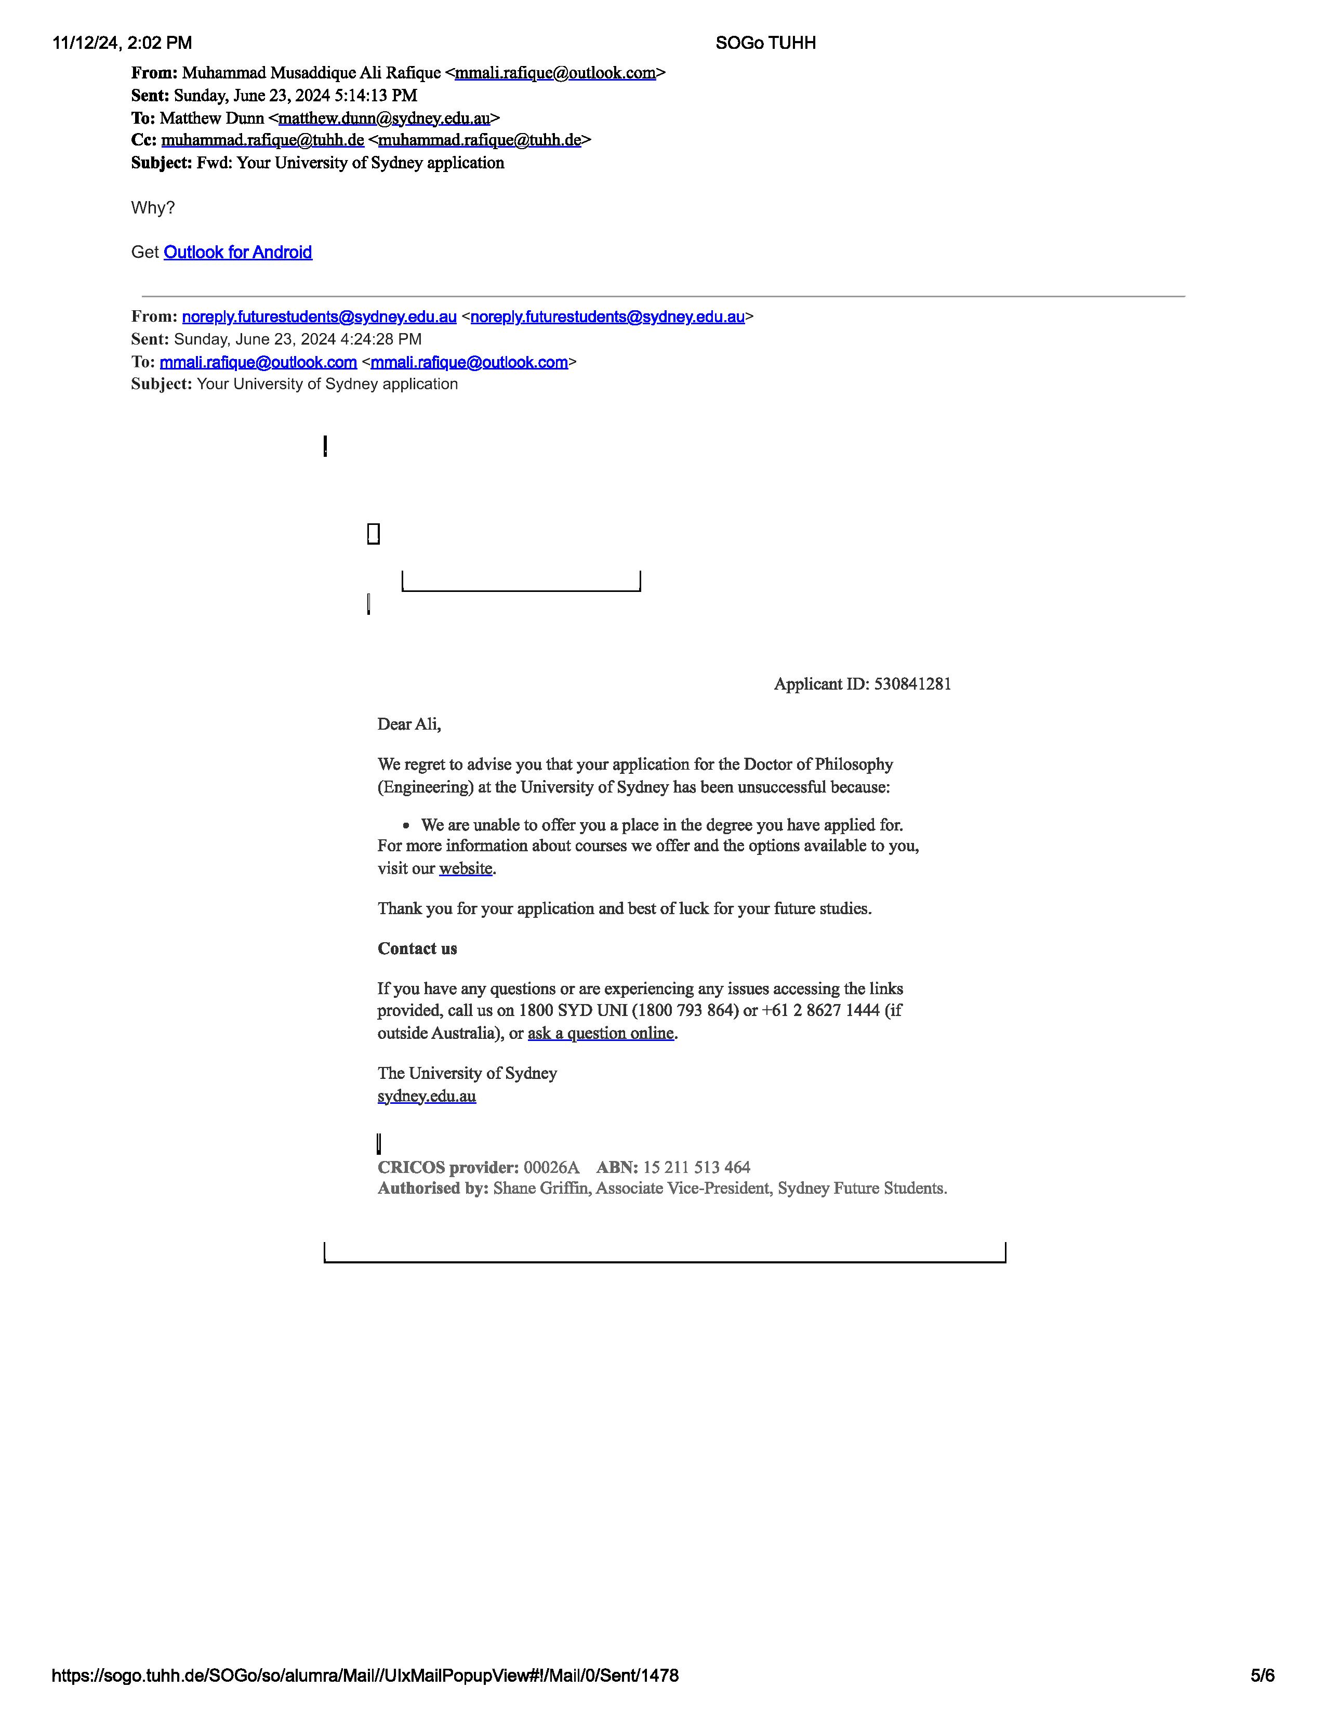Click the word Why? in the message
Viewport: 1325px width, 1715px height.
(153, 208)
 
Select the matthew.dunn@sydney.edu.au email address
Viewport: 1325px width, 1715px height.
(384, 118)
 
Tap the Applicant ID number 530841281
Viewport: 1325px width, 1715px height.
(912, 684)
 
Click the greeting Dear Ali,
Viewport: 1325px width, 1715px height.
(409, 724)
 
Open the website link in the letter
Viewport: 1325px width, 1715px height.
(466, 868)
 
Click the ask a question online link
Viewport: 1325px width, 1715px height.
(601, 1033)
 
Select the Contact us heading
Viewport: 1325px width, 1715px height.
(417, 948)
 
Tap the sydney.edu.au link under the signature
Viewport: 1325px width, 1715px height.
(426, 1096)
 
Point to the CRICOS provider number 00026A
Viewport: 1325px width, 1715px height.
(551, 1168)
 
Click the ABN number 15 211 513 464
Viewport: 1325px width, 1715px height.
(696, 1168)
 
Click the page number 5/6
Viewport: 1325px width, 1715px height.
(1262, 1675)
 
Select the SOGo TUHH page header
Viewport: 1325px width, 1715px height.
(765, 43)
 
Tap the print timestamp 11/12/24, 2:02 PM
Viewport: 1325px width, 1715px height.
(123, 43)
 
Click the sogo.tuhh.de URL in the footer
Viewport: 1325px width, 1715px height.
(365, 1675)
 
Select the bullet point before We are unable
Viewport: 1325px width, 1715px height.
(406, 825)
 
